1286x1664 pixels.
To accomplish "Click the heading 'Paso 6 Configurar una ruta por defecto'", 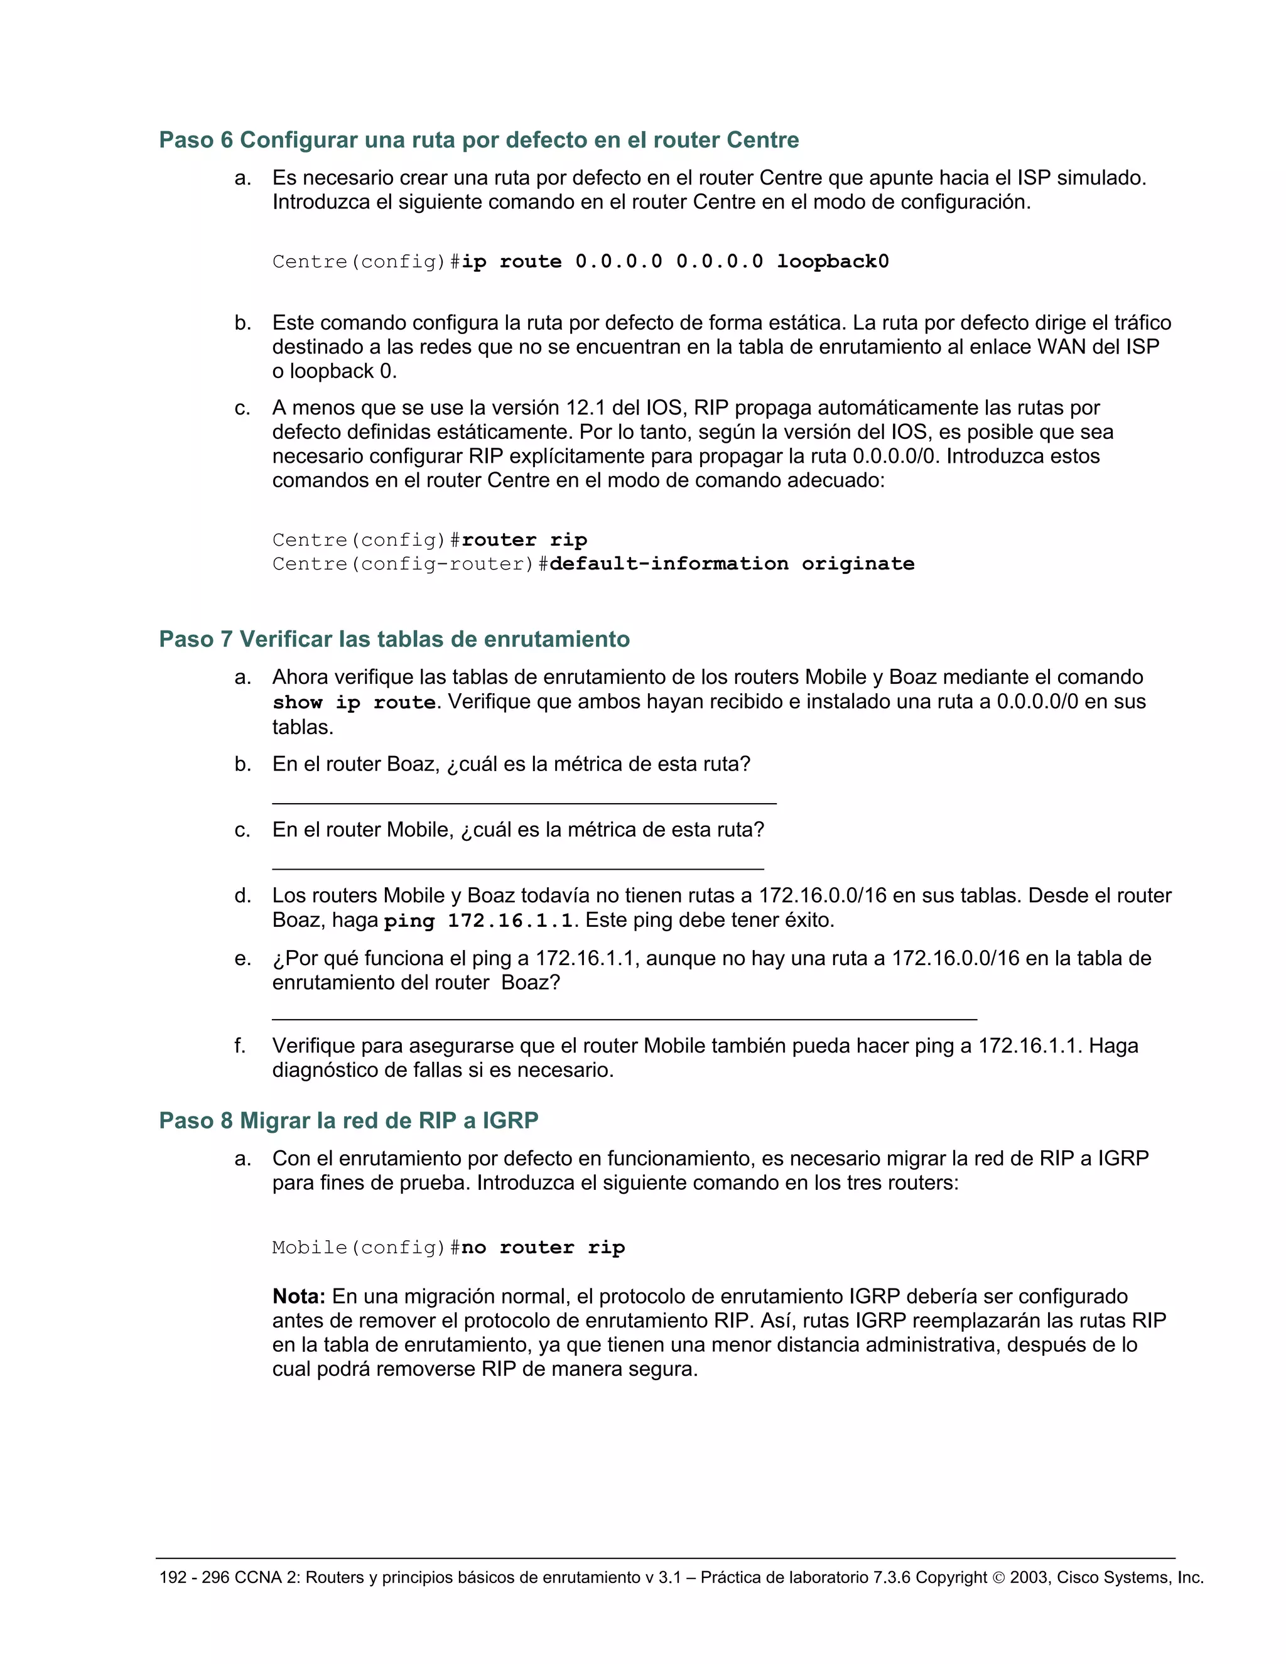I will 478,140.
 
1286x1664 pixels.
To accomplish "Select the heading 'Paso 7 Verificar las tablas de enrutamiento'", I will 394,639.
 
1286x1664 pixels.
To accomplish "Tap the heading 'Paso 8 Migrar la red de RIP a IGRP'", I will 348,1121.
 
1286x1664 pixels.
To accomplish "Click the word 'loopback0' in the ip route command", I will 832,262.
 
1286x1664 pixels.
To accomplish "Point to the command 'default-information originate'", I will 732,564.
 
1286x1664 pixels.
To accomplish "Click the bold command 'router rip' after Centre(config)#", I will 524,540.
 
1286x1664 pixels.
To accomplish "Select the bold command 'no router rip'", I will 543,1247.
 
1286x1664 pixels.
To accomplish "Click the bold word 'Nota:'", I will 299,1296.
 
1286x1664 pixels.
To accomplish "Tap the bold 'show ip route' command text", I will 354,703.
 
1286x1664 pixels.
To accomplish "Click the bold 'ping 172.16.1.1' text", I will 478,921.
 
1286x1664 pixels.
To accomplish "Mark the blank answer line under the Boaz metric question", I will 524,802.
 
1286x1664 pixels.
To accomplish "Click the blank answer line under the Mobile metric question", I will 518,868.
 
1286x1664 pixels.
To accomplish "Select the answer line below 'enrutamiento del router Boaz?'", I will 625,1018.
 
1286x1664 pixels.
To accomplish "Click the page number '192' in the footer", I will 173,1578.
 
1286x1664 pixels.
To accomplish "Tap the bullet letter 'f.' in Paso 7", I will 240,1046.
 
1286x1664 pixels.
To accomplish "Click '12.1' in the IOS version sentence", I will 586,408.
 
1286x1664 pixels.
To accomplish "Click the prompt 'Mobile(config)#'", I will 365,1247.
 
